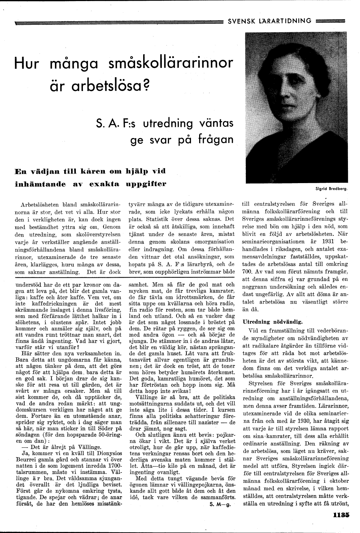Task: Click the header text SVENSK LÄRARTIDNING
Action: pyautogui.click(x=269, y=21)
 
